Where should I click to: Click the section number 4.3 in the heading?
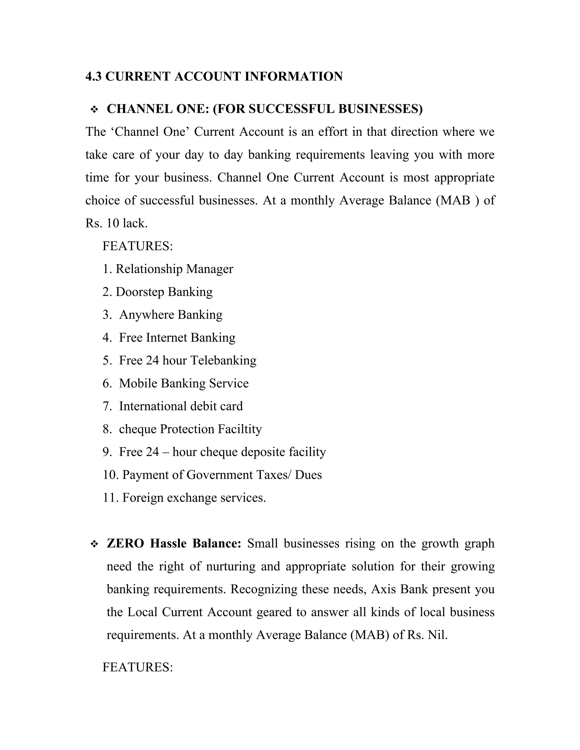point(93,76)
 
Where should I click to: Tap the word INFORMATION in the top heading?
point(293,76)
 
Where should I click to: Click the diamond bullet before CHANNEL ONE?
point(94,110)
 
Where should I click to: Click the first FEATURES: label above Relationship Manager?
point(137,246)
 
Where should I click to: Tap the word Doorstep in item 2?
point(140,292)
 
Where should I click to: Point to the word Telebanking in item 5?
point(223,361)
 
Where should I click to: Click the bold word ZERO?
point(125,544)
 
